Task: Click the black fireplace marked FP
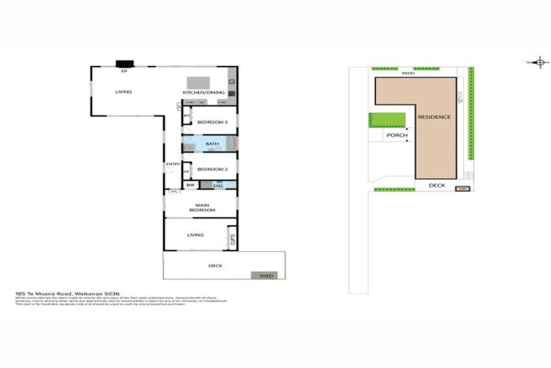pos(124,63)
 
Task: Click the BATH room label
pos(212,144)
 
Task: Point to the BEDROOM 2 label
pos(212,169)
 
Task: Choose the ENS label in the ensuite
pos(218,185)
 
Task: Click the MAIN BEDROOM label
pos(202,208)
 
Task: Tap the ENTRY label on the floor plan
pos(173,165)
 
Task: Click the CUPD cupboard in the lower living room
pos(231,239)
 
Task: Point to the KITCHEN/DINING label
pos(204,93)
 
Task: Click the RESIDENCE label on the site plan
pos(434,116)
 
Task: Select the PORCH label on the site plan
pos(397,134)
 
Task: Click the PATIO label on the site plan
pos(408,73)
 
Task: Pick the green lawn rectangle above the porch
pos(387,119)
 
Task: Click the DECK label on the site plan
pos(437,185)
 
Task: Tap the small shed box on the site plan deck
pos(463,189)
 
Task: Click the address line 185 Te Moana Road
pos(69,294)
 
